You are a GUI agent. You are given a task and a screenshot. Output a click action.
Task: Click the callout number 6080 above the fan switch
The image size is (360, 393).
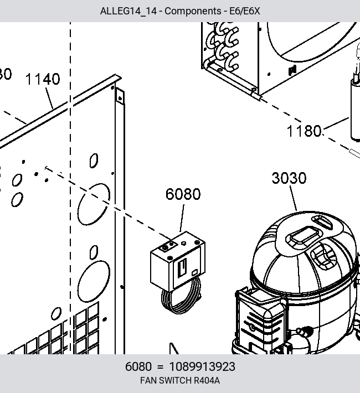[x=183, y=194]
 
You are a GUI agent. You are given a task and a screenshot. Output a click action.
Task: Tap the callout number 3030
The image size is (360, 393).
[x=289, y=178]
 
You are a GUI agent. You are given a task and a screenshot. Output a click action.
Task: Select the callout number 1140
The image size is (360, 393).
[x=43, y=79]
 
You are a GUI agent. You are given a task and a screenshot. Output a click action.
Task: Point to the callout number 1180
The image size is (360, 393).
[x=304, y=131]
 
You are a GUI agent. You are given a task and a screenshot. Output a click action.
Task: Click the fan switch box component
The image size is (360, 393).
[x=178, y=261]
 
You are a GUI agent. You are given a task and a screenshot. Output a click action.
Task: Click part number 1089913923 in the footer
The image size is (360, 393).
[x=202, y=366]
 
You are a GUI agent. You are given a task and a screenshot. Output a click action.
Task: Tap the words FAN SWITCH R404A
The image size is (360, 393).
[x=180, y=380]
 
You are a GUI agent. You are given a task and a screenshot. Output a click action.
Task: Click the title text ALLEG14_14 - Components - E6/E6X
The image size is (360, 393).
[x=180, y=11]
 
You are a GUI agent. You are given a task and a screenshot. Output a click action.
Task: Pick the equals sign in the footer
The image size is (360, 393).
[x=160, y=367]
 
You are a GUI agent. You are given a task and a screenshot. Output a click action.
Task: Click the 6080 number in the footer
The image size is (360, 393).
[x=138, y=366]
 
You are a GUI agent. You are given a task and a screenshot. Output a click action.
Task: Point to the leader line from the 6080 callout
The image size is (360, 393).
[x=182, y=218]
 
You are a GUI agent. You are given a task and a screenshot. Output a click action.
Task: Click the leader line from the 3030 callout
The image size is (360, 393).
[x=294, y=199]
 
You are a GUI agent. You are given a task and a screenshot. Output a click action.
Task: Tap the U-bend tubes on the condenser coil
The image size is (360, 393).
[x=223, y=45]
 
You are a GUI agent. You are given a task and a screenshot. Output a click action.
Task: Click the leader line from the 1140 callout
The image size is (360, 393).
[x=49, y=99]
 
